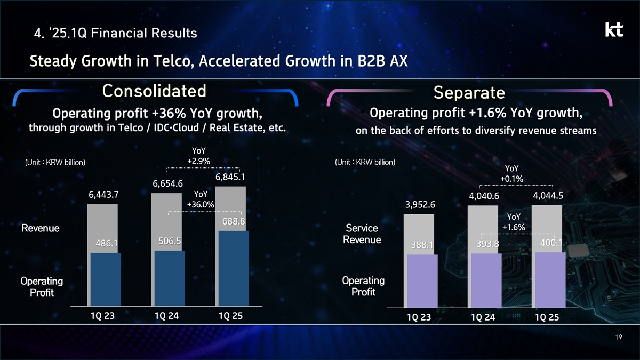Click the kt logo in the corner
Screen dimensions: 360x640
tap(614, 30)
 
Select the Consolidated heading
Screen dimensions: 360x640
tap(154, 91)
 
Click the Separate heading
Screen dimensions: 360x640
tap(469, 93)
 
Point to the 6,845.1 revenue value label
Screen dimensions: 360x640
tap(230, 177)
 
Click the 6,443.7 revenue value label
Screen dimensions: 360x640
tap(103, 195)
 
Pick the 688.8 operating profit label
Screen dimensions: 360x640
tap(233, 221)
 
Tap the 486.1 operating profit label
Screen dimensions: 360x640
tap(106, 243)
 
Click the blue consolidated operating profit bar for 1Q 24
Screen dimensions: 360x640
tap(170, 278)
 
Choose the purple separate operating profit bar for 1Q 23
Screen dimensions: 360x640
tap(422, 281)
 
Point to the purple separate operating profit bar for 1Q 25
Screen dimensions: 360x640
tap(550, 279)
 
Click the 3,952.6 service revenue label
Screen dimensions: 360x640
tap(420, 205)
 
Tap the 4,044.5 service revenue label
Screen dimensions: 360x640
tap(548, 196)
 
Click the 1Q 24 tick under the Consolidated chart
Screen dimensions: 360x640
tap(167, 315)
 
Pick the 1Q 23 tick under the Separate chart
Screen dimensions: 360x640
tap(419, 317)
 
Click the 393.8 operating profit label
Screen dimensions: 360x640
tap(487, 244)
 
